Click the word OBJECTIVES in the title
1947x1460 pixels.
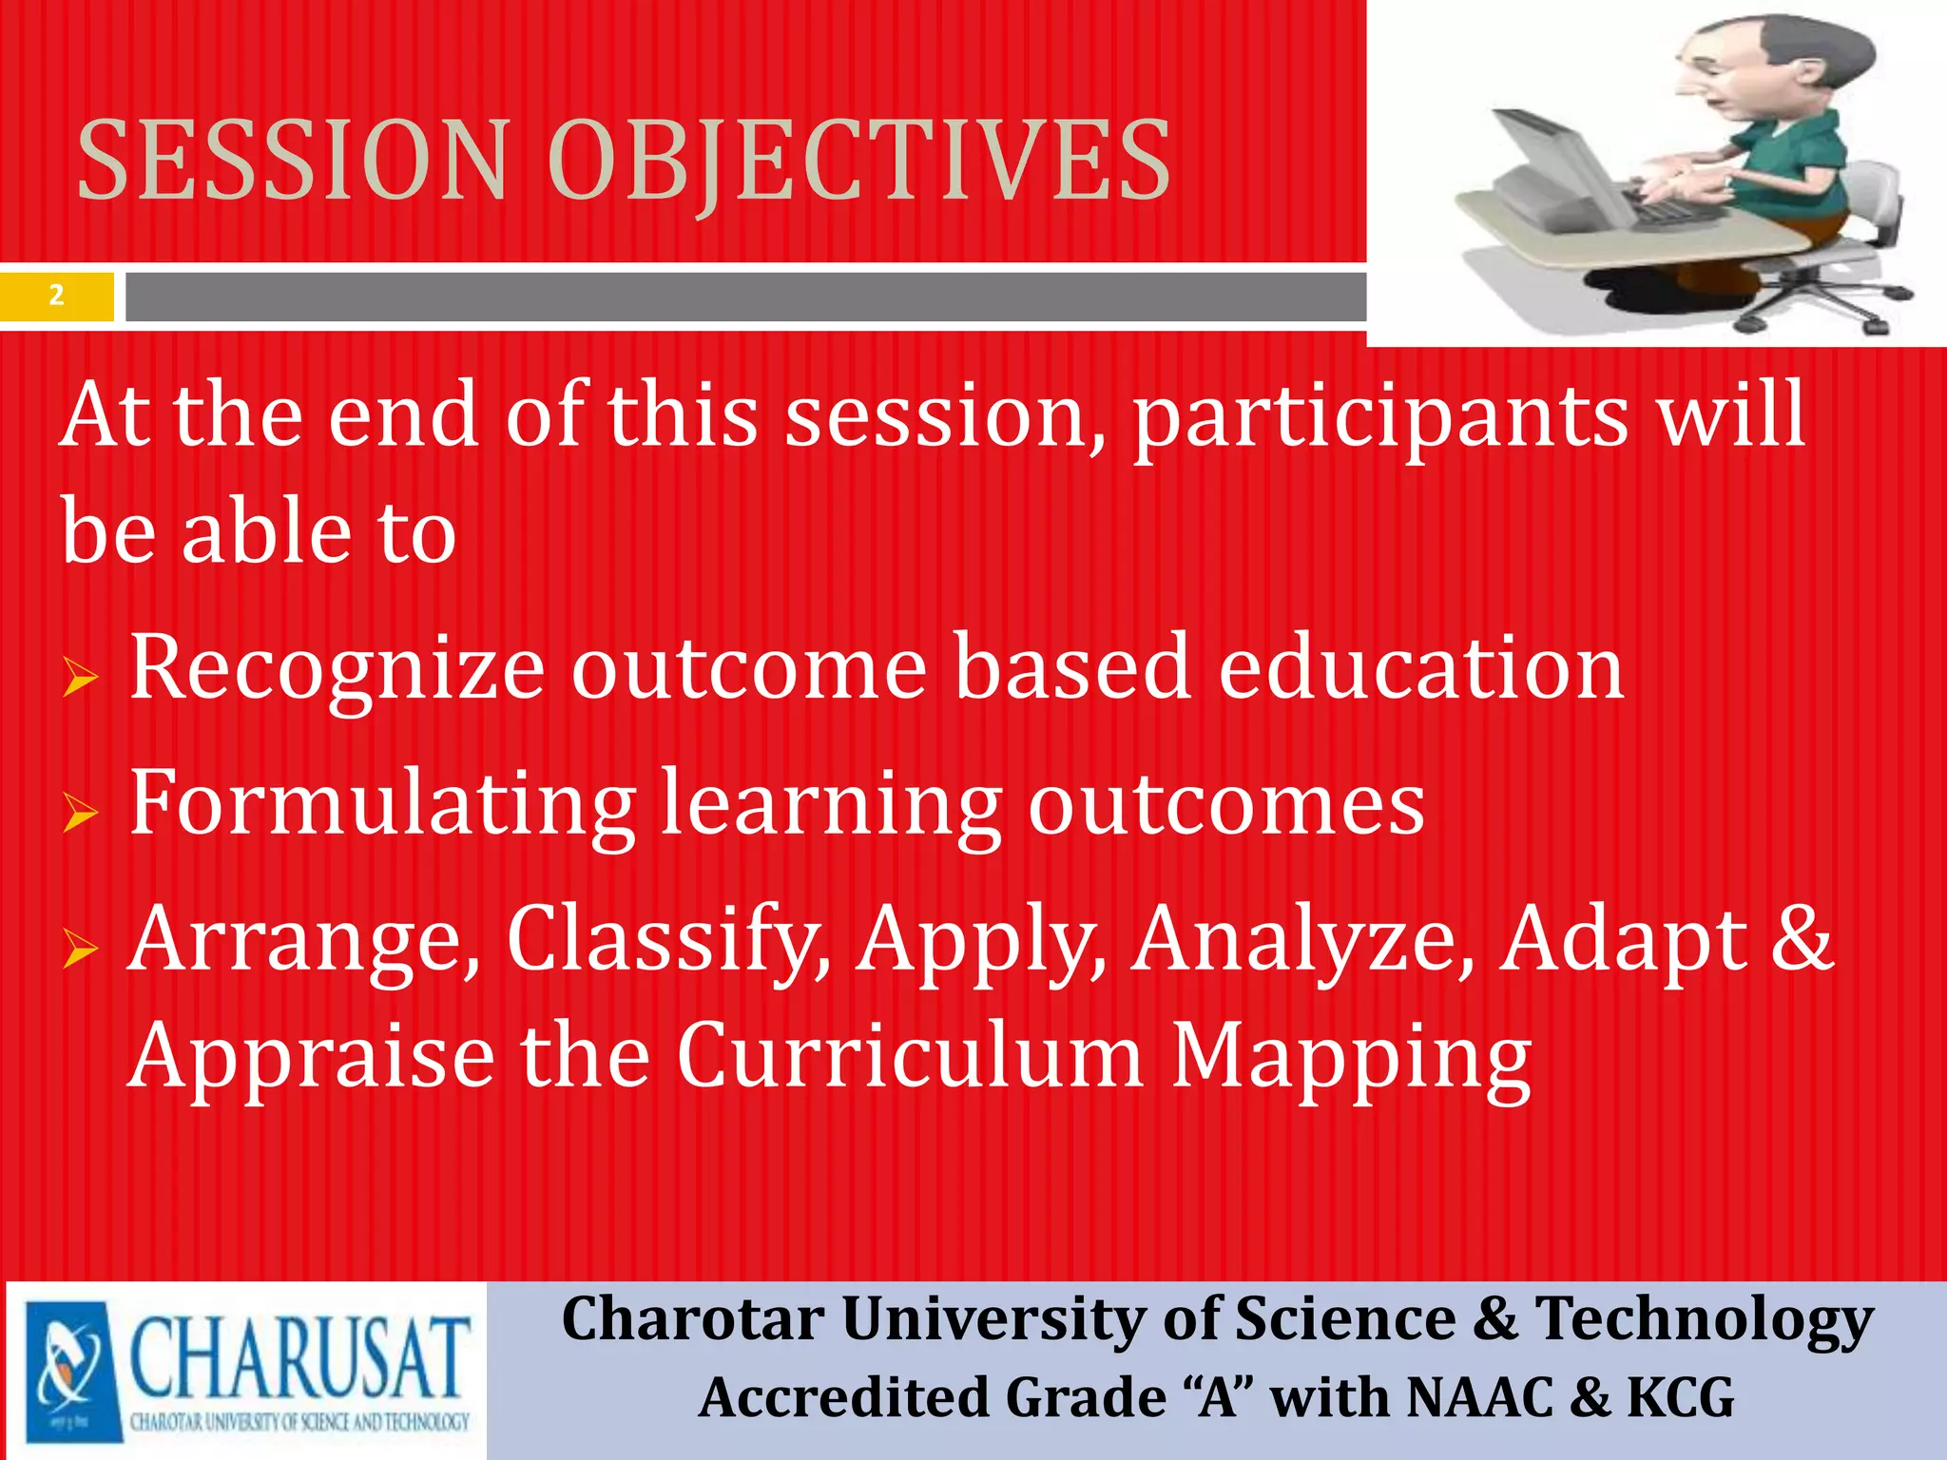pos(858,162)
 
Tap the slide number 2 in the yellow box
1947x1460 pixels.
pos(56,296)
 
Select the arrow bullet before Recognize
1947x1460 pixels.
pos(81,678)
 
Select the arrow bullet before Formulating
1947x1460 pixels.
pos(81,813)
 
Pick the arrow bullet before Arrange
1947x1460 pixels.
pos(81,949)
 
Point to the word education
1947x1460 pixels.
pos(1420,667)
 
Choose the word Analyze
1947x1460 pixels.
pos(1302,939)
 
